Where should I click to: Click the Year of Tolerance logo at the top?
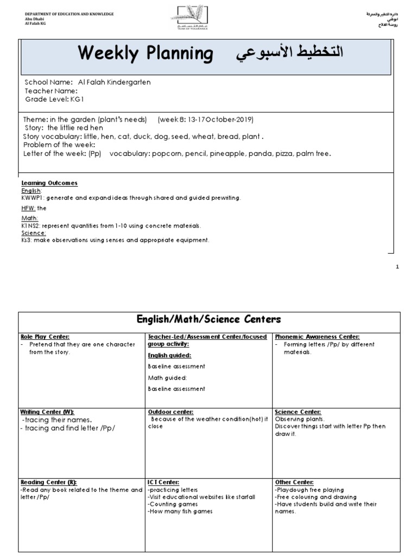(x=188, y=18)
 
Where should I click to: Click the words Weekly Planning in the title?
(x=146, y=54)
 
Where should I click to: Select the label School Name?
(x=49, y=82)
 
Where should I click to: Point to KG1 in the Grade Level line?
(x=77, y=100)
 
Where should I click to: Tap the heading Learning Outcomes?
(x=49, y=183)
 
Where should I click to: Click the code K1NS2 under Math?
(x=30, y=225)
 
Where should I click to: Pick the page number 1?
(x=397, y=267)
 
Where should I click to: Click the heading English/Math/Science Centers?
(x=208, y=319)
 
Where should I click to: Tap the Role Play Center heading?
(x=45, y=337)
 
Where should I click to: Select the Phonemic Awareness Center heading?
(x=317, y=337)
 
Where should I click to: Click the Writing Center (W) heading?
(x=47, y=412)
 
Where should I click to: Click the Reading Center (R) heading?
(x=48, y=482)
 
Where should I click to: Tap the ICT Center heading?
(x=163, y=482)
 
